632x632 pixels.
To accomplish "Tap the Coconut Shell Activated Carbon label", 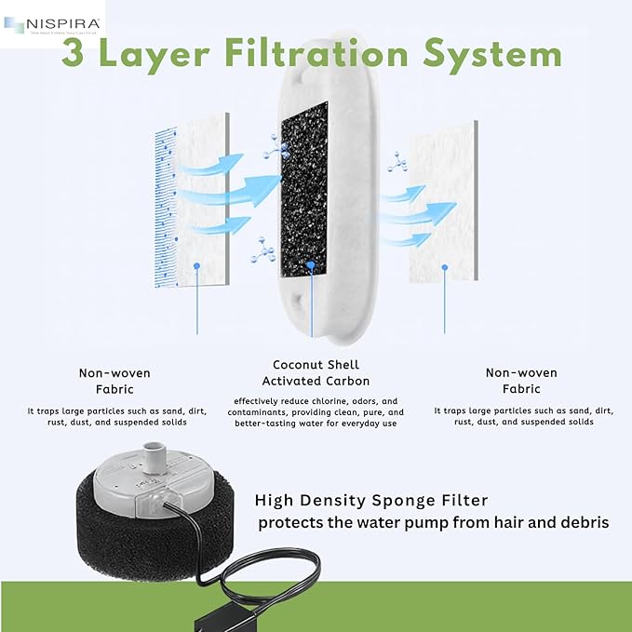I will [316, 372].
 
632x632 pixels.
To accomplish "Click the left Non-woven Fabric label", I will [115, 382].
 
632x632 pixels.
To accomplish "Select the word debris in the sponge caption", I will [578, 523].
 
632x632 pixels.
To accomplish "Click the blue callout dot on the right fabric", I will [444, 267].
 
